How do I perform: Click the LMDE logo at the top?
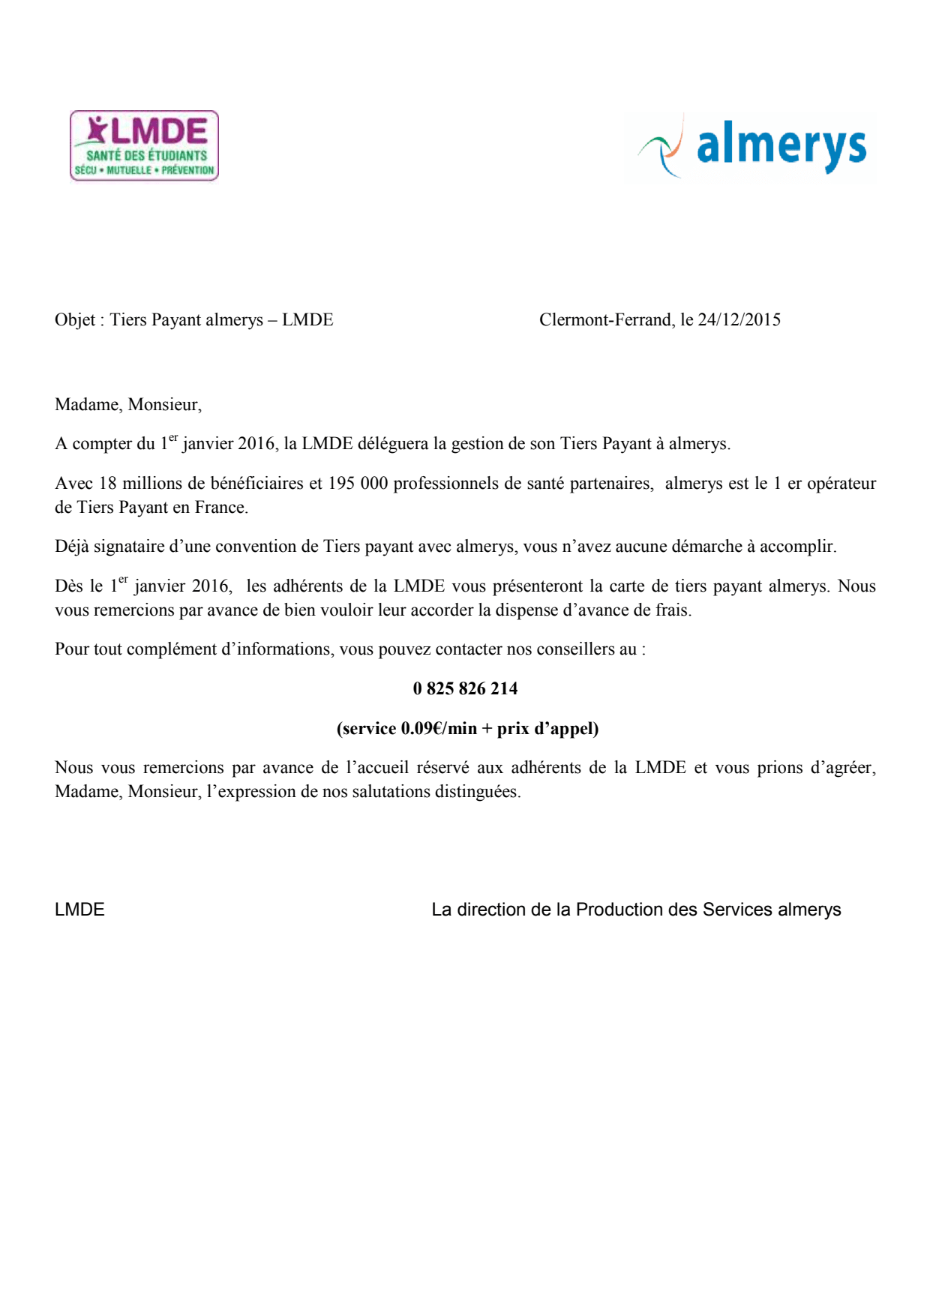[x=144, y=145]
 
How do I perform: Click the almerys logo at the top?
[x=751, y=147]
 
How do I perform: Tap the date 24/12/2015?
[x=739, y=320]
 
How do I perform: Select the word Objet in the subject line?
[x=75, y=320]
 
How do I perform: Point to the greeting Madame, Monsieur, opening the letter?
[x=128, y=405]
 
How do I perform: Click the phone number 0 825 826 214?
[x=465, y=688]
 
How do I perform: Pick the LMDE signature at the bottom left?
[x=79, y=910]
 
